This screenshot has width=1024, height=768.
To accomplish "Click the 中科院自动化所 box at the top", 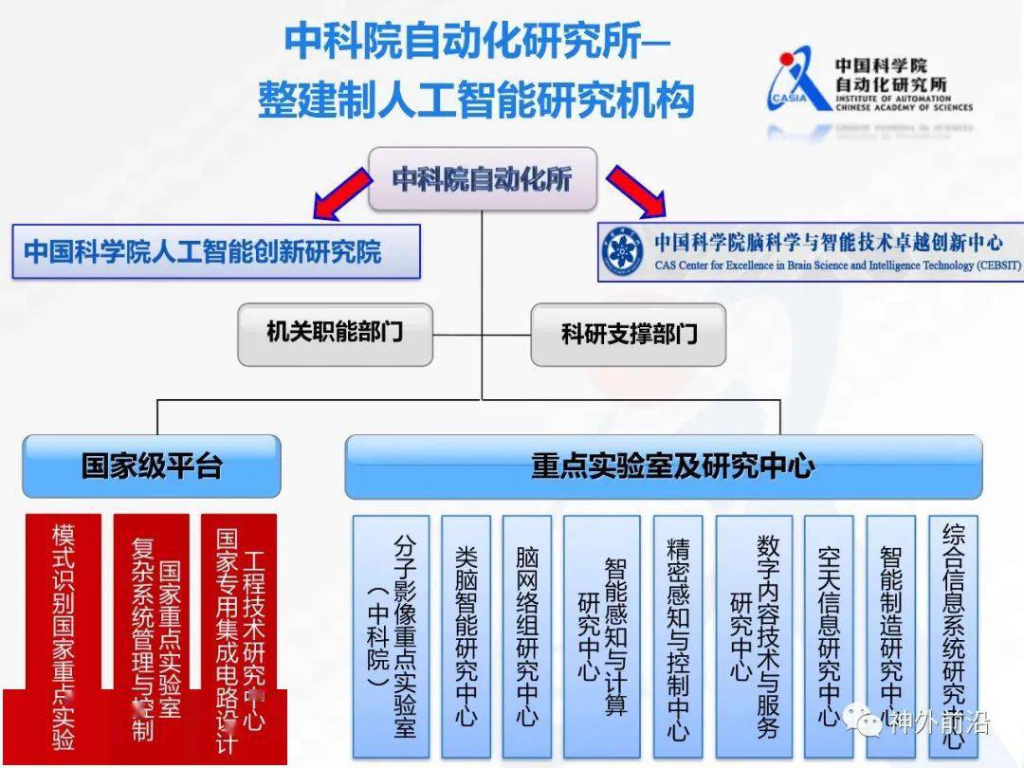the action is pos(482,178).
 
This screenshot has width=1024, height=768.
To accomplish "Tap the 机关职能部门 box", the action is pos(335,334).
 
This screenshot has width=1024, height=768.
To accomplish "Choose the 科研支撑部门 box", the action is pos(629,334).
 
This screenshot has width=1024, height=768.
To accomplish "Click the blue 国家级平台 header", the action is pos(152,466).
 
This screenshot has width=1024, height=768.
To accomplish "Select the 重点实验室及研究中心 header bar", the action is pos(663,466).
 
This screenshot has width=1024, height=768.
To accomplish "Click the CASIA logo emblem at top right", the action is pos(797,80).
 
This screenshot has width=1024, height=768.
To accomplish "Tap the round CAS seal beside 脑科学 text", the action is pos(625,252).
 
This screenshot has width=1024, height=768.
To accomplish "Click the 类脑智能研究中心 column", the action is pos(466,635).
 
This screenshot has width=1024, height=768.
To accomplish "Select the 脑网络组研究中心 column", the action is pos(526,635).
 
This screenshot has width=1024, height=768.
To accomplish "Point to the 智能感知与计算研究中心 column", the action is pos(601,635).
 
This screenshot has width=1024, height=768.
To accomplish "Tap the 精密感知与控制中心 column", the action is pos(678,635).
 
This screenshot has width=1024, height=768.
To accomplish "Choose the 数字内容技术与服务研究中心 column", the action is pos(754,635).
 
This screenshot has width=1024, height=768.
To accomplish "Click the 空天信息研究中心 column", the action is pos(829,635).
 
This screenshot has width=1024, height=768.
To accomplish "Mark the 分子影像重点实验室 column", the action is pos(391,635).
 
